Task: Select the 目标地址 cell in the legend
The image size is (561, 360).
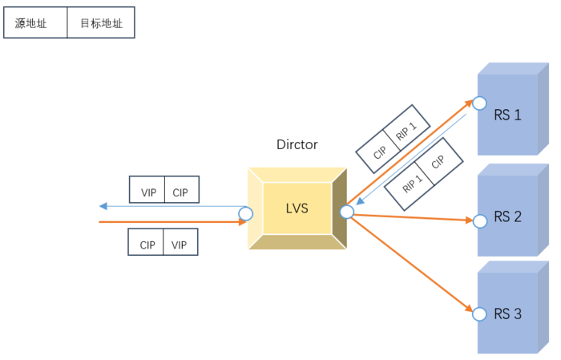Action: (101, 23)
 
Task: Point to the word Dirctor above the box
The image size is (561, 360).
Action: (297, 145)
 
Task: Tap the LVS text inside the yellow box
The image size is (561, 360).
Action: (297, 208)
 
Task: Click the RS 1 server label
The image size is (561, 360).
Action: (507, 115)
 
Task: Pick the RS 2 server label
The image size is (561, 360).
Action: (507, 216)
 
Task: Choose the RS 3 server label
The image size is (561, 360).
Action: (507, 313)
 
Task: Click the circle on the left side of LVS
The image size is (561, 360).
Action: (246, 214)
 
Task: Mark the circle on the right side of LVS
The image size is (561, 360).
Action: (347, 212)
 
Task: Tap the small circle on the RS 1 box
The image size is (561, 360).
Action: (479, 103)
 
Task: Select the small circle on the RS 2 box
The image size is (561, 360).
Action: (479, 220)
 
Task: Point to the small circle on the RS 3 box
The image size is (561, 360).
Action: (479, 313)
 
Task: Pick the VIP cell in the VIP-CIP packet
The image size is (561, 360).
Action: (148, 192)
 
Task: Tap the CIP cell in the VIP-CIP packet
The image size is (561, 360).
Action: (181, 192)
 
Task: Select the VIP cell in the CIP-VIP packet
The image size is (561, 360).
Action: (180, 245)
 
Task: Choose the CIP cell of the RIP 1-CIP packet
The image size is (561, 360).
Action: (438, 162)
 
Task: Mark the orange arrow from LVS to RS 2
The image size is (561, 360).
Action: (409, 216)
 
